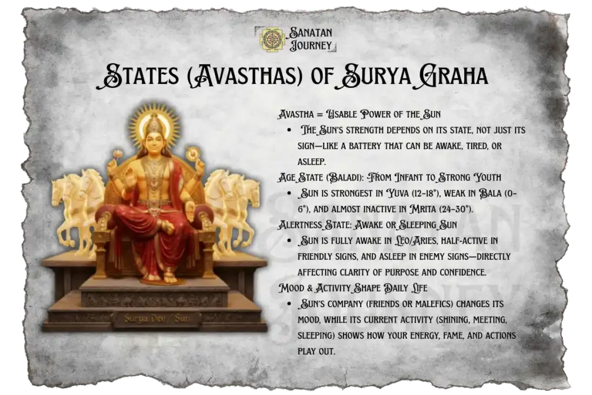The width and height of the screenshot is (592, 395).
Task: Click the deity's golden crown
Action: [153, 122]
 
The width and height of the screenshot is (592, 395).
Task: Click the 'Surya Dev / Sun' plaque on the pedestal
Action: [157, 318]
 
